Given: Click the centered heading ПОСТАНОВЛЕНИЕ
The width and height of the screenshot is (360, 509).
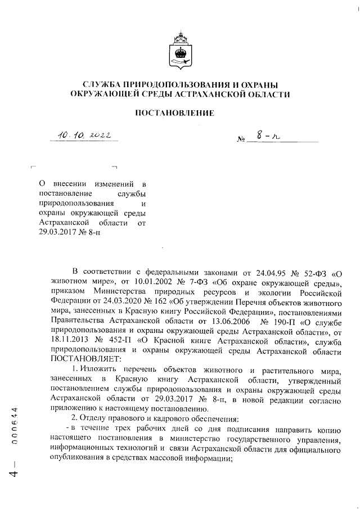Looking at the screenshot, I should tap(179, 114).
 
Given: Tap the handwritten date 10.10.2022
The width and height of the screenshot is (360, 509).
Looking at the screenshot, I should tap(85, 134).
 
